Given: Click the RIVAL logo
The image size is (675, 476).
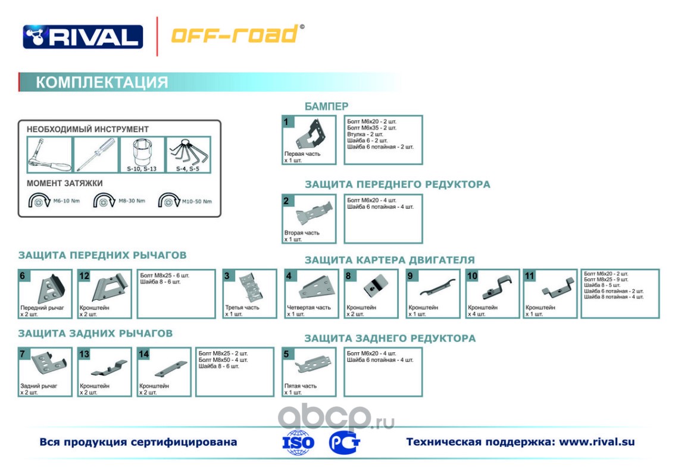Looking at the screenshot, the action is [83, 37].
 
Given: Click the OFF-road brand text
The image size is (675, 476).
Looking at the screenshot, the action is [235, 35].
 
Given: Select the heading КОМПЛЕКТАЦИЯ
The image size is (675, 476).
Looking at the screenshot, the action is [102, 82].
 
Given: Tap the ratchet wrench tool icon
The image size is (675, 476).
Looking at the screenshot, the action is [49, 155].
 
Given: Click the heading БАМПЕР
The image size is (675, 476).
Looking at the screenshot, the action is [326, 107].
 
